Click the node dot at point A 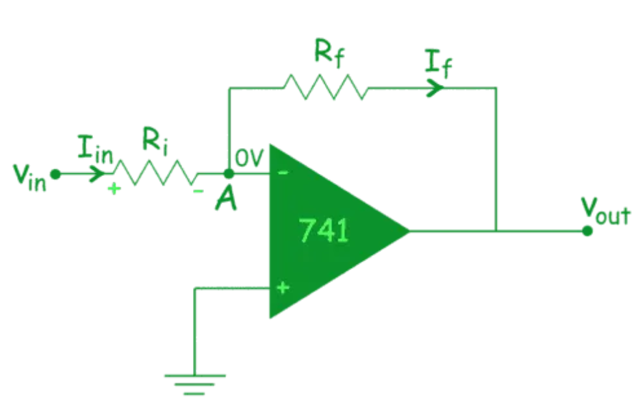pyautogui.click(x=229, y=174)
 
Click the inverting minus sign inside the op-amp pyautogui.click(x=283, y=173)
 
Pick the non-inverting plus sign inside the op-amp pyautogui.click(x=283, y=288)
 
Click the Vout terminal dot pyautogui.click(x=587, y=230)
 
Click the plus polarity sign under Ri pyautogui.click(x=115, y=191)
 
